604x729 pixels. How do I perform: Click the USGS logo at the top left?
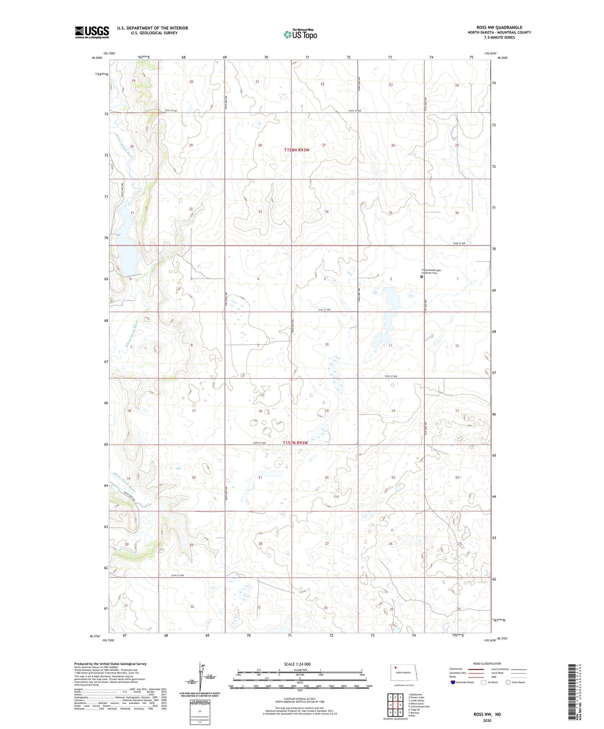tap(92, 32)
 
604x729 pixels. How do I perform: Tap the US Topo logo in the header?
tap(300, 34)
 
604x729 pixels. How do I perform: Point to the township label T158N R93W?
tap(296, 150)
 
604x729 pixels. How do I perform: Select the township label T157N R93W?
tap(295, 443)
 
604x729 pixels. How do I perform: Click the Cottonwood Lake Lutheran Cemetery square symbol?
tap(422, 276)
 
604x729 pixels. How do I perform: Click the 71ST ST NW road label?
tap(324, 310)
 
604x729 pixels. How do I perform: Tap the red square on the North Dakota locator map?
tap(395, 667)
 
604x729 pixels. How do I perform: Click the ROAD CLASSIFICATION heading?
tap(487, 663)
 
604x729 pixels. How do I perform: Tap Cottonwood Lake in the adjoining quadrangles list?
tap(419, 706)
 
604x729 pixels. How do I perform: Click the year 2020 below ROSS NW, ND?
tap(487, 720)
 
